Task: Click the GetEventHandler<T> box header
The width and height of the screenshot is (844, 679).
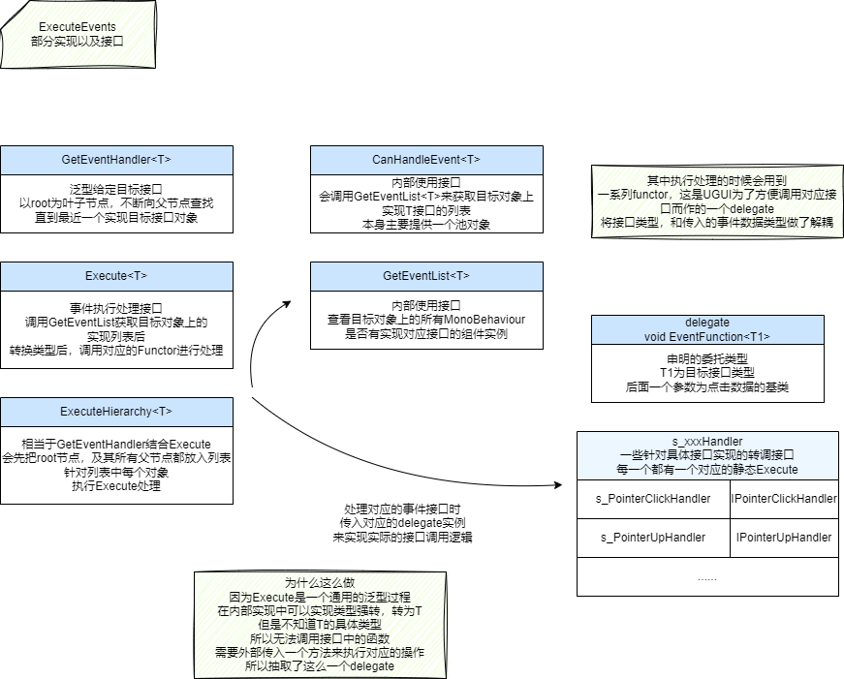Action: pos(116,160)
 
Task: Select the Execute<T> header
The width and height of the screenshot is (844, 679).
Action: pos(116,276)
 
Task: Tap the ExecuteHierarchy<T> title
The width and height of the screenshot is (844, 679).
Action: pos(116,412)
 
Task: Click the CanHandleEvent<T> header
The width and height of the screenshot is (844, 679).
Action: pos(426,160)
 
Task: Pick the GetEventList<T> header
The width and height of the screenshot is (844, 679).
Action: pos(426,276)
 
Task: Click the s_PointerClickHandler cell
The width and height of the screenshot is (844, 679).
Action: pos(653,498)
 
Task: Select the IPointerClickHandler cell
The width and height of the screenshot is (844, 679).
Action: pos(785,498)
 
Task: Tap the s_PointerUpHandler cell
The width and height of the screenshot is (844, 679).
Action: pos(653,538)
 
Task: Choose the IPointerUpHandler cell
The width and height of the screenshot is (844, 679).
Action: pos(785,538)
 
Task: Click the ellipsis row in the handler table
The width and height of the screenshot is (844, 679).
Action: pos(707,577)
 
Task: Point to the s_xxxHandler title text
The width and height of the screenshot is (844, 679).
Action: pos(707,441)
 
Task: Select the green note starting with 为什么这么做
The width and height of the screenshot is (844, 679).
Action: pos(320,624)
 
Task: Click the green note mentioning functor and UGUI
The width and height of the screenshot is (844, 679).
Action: pos(717,201)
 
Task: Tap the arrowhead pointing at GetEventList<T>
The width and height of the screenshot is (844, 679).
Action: pos(287,303)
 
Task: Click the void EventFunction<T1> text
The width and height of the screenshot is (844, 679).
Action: pos(707,336)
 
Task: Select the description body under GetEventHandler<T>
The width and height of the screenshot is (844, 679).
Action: pos(116,203)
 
